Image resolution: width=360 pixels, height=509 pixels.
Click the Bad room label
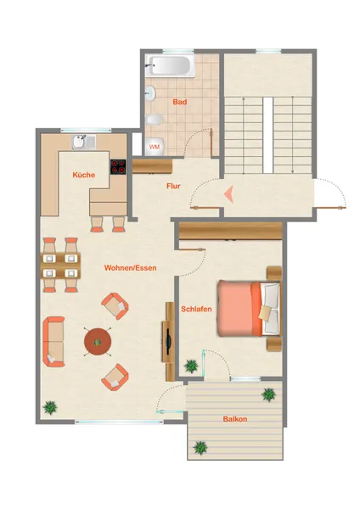pyautogui.click(x=180, y=102)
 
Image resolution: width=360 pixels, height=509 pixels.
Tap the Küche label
pyautogui.click(x=84, y=175)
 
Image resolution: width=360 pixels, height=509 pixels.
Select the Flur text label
pyautogui.click(x=173, y=186)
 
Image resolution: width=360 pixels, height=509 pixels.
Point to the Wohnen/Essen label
pyautogui.click(x=130, y=268)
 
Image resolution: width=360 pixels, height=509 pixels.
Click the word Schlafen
pyautogui.click(x=196, y=309)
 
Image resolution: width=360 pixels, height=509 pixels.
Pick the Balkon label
pyautogui.click(x=235, y=419)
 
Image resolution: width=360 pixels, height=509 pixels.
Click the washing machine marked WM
pyautogui.click(x=155, y=147)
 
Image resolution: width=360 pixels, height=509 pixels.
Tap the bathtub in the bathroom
pyautogui.click(x=170, y=65)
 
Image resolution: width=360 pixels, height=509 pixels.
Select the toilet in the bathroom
pyautogui.click(x=154, y=120)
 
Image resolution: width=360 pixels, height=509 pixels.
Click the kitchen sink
pyautogui.click(x=84, y=142)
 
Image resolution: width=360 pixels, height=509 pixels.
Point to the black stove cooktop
pyautogui.click(x=118, y=167)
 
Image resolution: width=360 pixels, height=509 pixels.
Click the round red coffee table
pyautogui.click(x=98, y=342)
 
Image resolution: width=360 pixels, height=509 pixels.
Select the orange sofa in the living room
pyautogui.click(x=53, y=342)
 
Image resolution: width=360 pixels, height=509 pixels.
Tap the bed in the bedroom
pyautogui.click(x=249, y=309)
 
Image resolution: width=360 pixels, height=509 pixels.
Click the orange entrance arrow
pyautogui.click(x=228, y=194)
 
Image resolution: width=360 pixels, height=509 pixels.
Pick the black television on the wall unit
pyautogui.click(x=168, y=342)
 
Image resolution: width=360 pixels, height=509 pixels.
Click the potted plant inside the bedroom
pyautogui.click(x=191, y=366)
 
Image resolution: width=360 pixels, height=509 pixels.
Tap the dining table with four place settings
pyautogui.click(x=60, y=266)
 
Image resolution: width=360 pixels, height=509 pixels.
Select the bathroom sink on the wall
pyautogui.click(x=150, y=93)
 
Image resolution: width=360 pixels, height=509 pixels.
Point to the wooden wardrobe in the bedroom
pyautogui.click(x=231, y=231)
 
